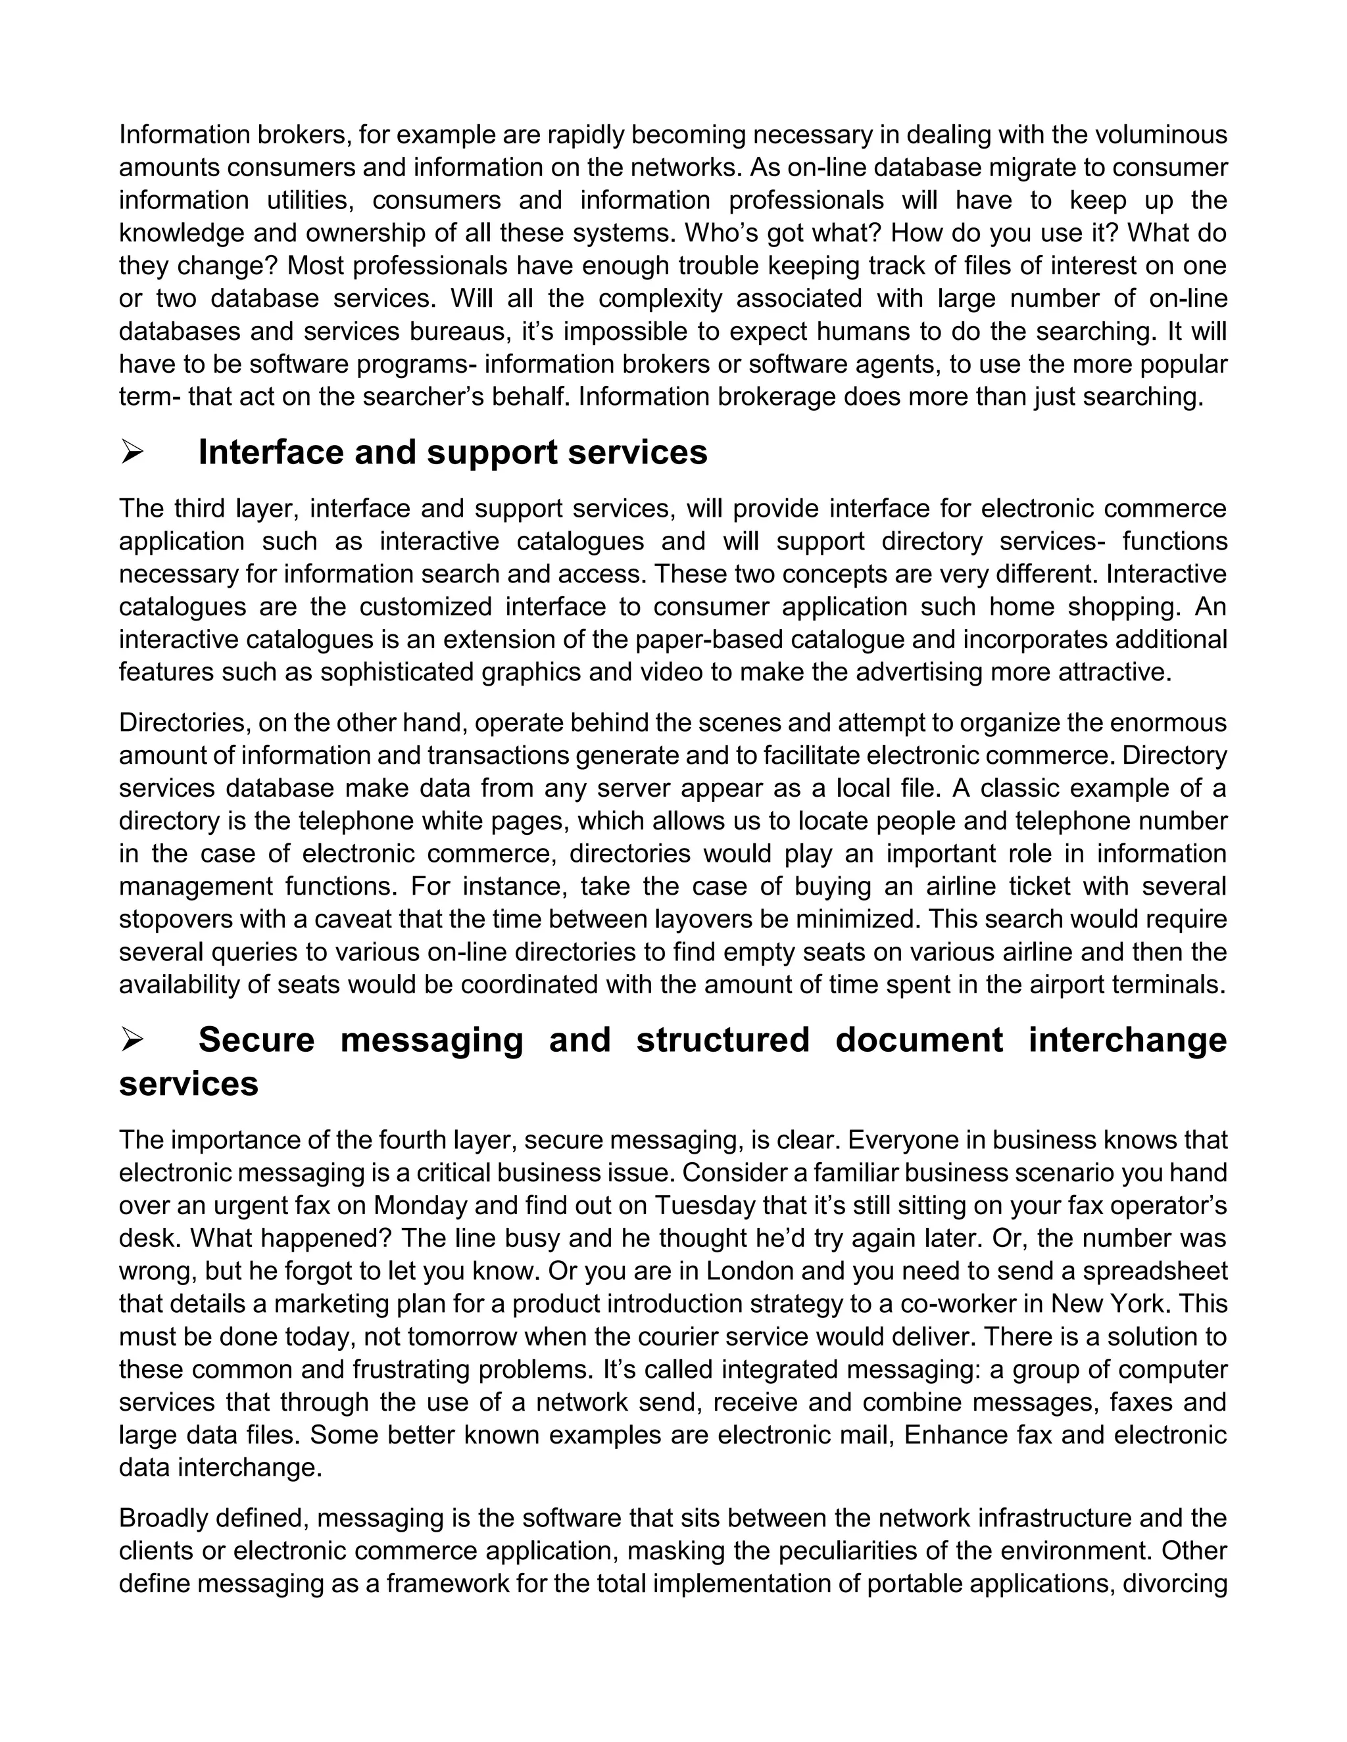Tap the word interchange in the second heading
click(x=1127, y=1040)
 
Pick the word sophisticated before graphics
click(x=398, y=672)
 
